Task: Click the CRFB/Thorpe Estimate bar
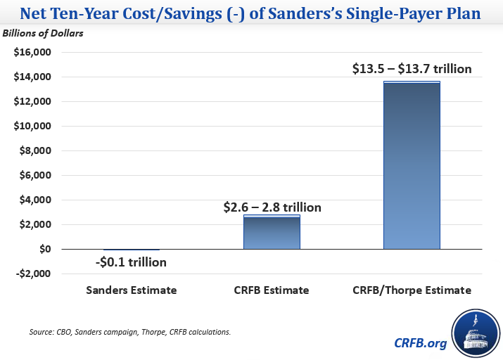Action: pos(412,165)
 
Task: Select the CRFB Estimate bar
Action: pos(272,232)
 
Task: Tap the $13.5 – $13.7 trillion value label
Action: pos(412,69)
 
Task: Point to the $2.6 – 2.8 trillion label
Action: pos(272,207)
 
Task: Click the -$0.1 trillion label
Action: pos(131,262)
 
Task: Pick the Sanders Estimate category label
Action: pos(131,289)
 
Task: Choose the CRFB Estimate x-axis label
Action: pos(272,289)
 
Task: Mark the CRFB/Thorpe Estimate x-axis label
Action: pos(412,289)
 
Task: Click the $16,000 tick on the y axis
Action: pos(33,53)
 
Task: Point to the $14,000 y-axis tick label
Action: pos(33,77)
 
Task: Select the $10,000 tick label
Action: pos(33,127)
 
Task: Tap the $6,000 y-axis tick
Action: pos(36,176)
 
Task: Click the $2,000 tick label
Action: pos(36,225)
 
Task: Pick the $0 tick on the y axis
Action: pos(44,250)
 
